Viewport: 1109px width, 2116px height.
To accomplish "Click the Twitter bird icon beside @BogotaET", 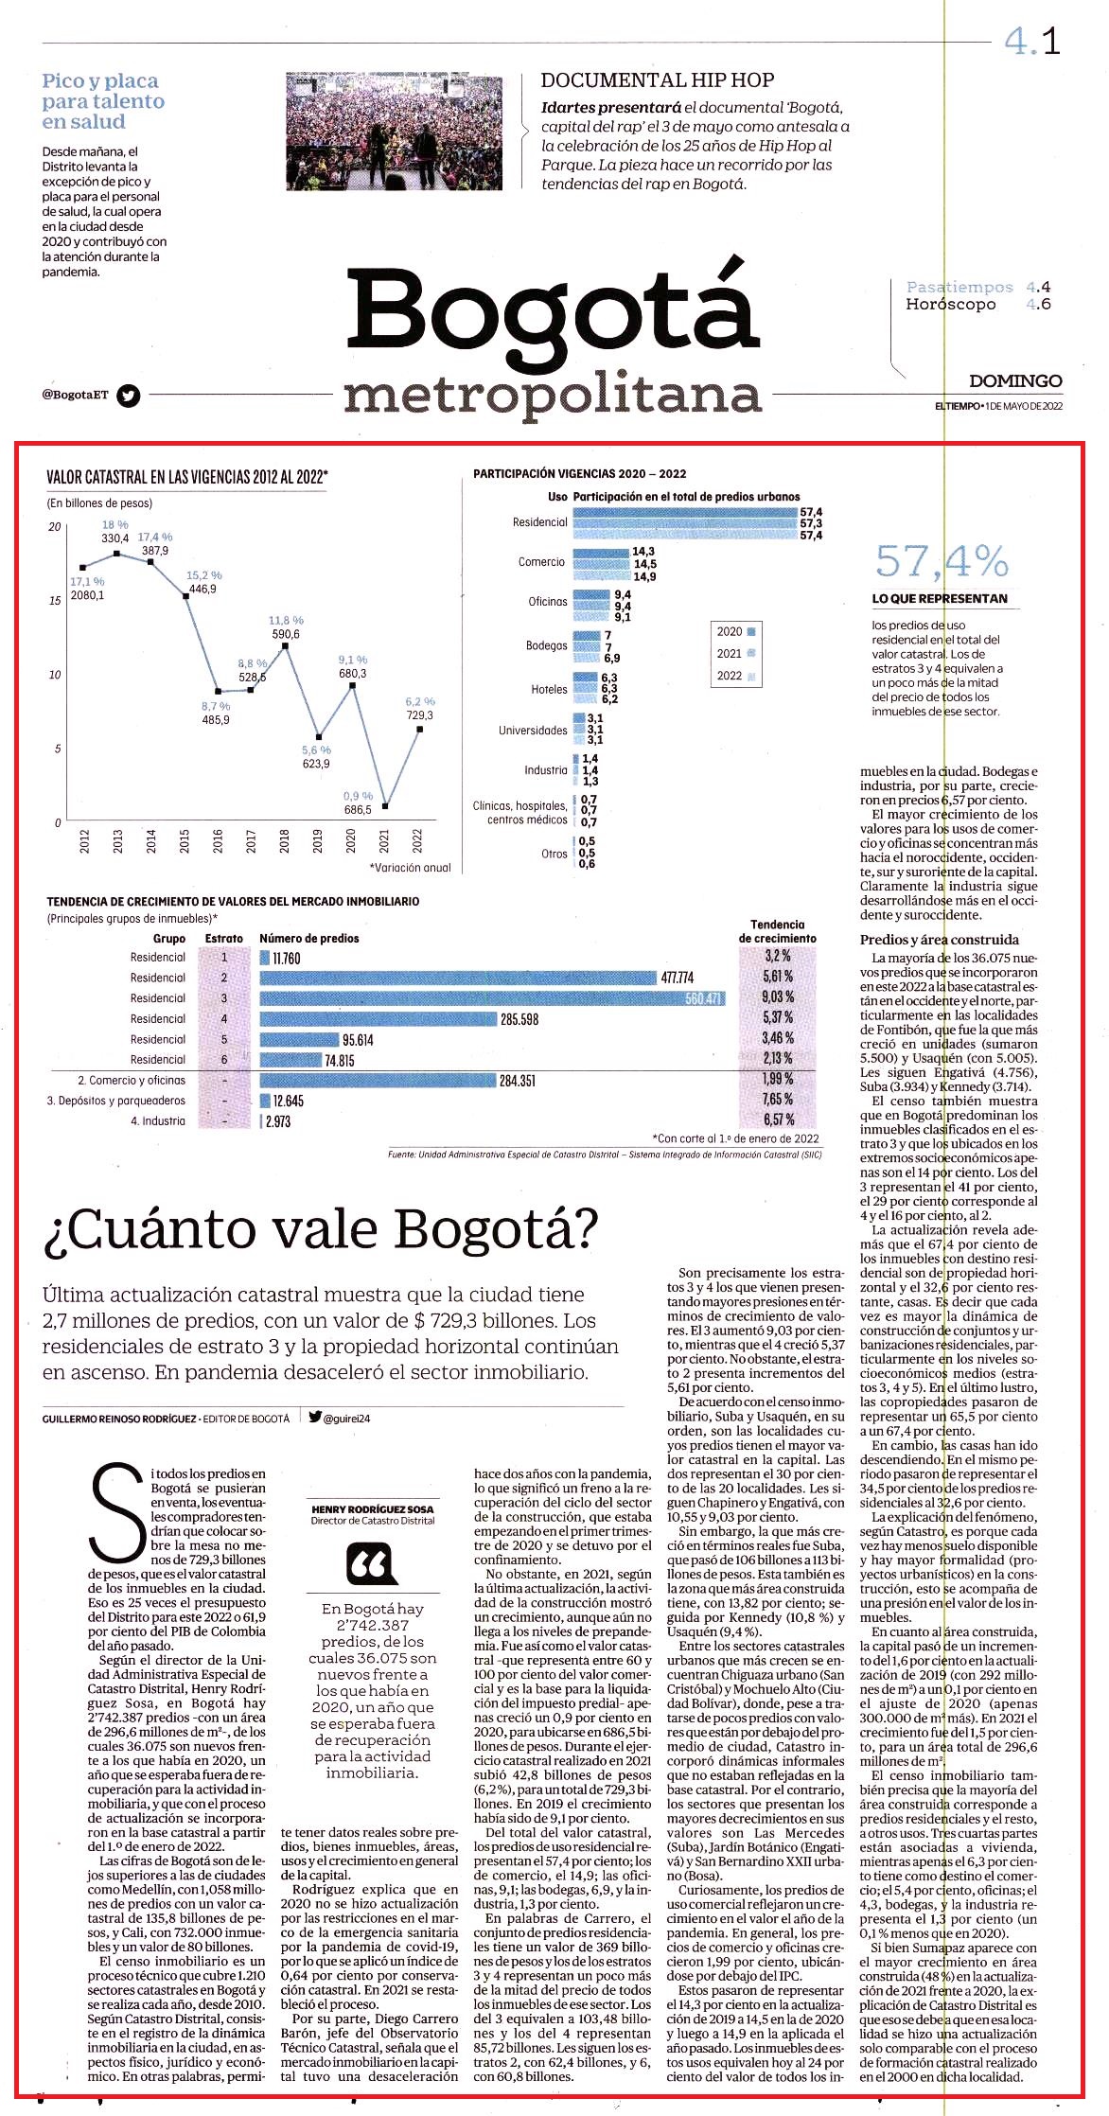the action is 129,396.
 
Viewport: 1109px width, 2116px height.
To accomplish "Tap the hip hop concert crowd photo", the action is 395,132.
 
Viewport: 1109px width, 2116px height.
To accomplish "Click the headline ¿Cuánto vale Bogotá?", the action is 321,1229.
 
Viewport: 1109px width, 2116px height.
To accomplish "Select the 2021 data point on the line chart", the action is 385,807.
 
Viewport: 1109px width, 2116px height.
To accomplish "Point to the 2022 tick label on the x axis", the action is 418,840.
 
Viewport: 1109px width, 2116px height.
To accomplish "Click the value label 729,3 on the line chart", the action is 420,715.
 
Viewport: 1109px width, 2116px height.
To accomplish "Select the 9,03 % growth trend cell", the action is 778,997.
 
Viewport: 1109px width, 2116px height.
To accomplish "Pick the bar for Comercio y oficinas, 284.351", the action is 378,1080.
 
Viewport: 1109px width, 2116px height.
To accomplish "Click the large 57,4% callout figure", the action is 942,561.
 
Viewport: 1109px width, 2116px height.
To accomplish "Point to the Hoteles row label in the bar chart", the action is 549,690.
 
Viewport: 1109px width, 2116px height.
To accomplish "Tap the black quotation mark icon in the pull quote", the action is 372,1563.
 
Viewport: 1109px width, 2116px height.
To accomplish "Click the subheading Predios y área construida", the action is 940,940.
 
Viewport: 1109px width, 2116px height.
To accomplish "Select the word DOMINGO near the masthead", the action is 1015,381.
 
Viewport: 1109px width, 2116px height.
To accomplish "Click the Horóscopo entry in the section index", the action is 951,305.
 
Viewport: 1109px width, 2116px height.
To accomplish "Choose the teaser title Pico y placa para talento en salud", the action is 103,101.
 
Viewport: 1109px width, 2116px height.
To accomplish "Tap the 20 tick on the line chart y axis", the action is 55,527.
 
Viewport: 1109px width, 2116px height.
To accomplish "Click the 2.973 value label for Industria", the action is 278,1121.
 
